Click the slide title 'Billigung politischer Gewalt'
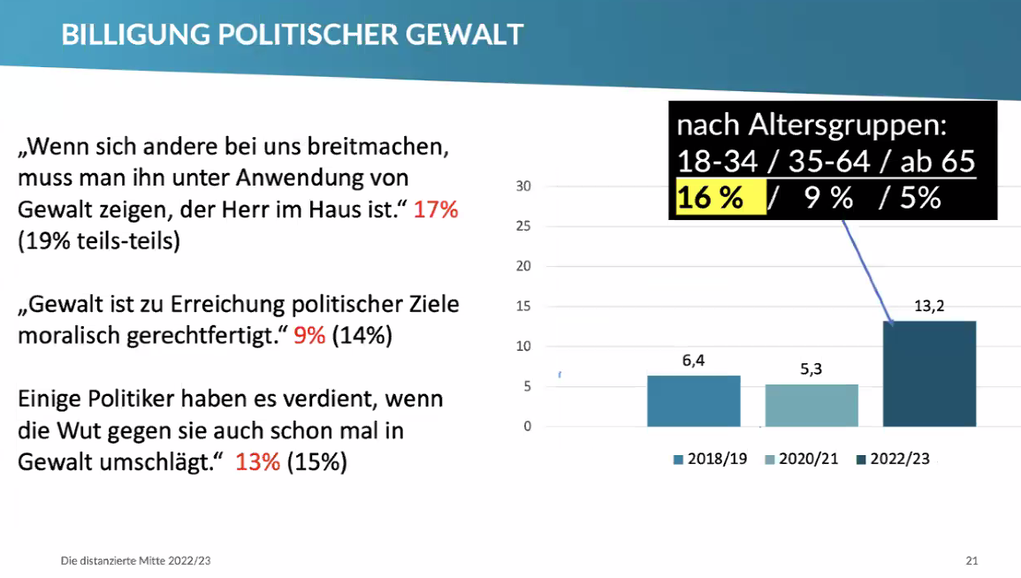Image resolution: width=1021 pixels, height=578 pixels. pos(292,34)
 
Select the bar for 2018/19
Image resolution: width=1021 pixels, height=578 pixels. pos(693,401)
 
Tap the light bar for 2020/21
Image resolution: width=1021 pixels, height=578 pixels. pos(811,406)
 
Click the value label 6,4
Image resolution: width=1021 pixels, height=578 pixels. pos(694,360)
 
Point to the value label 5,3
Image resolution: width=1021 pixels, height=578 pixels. pos(811,369)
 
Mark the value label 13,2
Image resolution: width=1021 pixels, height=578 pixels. pos(929,307)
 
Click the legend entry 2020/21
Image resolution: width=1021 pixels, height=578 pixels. pos(806,460)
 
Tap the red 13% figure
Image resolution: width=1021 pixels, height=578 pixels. pos(257,462)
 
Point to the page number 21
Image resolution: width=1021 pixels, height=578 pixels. pos(971,560)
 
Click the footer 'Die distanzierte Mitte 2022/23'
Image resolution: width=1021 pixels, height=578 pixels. pos(135,560)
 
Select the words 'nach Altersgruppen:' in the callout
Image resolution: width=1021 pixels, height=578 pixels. pos(811,125)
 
